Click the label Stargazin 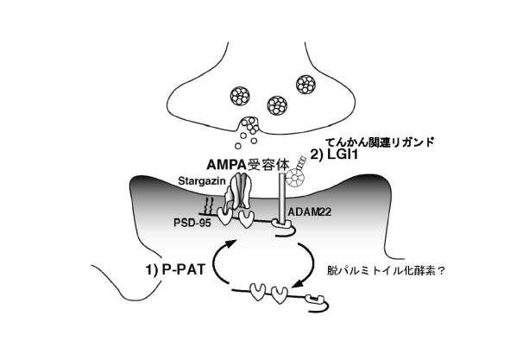tap(202, 181)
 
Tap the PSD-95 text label tap(192, 223)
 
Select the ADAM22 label tap(309, 212)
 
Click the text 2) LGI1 tap(334, 155)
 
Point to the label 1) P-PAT tap(175, 269)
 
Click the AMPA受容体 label tap(248, 165)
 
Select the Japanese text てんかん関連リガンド tap(380, 142)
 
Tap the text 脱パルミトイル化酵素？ tap(386, 271)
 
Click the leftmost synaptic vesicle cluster tap(240, 96)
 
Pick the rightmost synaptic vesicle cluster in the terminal tap(305, 85)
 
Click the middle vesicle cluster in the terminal tap(277, 105)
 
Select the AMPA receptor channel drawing tap(238, 192)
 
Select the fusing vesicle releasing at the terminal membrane tap(249, 126)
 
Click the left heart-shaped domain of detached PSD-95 tap(258, 292)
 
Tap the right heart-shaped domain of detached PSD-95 tap(279, 294)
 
